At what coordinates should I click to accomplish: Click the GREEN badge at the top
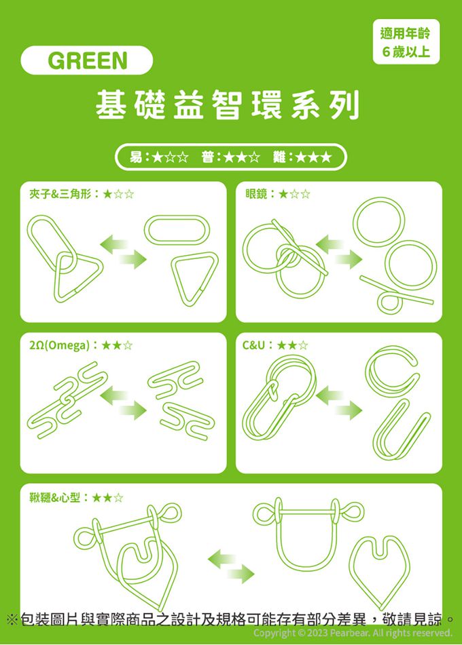click(86, 60)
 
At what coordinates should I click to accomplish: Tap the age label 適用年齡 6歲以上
click(406, 42)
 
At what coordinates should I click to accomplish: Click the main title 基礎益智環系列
click(228, 105)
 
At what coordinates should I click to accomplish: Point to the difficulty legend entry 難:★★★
click(302, 157)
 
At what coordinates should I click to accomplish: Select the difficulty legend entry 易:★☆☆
click(159, 157)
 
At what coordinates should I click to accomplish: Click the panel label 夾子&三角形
click(60, 194)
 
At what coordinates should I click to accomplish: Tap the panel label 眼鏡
click(256, 194)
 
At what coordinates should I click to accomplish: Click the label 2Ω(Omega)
click(59, 345)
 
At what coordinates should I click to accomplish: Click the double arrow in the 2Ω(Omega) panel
click(123, 404)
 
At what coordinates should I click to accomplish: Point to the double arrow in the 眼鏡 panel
click(339, 252)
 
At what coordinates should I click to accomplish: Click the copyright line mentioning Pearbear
click(353, 633)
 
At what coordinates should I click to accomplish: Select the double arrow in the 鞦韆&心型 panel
click(231, 566)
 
